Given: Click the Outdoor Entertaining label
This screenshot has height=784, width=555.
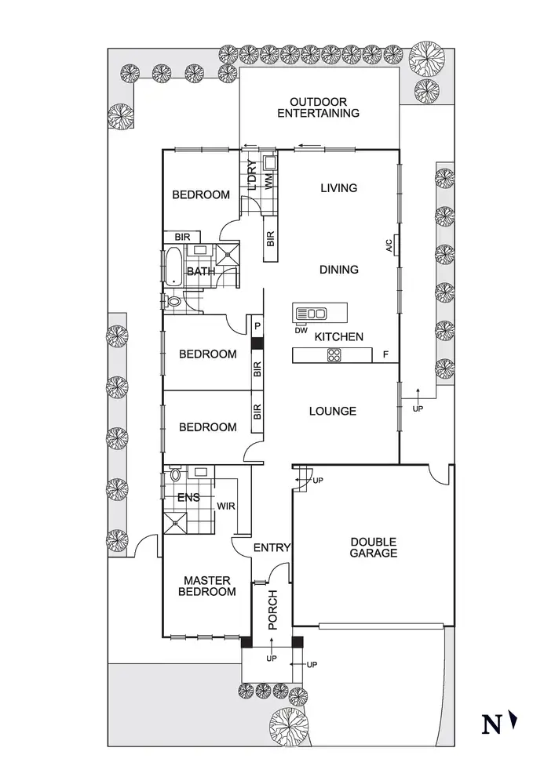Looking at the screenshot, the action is [324, 107].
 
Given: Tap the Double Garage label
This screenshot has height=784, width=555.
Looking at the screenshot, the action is [373, 547].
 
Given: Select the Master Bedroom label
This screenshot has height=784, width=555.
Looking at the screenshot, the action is [207, 586].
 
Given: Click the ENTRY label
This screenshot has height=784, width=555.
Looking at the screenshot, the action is [272, 548].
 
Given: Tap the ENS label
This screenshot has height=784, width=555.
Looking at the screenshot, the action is [188, 497].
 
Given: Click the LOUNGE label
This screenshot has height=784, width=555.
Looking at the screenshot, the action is [333, 411].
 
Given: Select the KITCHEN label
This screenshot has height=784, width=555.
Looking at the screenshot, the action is [339, 336].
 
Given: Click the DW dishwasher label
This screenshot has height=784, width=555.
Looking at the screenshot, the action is [300, 329].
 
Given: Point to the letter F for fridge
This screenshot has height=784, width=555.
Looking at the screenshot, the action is [385, 355].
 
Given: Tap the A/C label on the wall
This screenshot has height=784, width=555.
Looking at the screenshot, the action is [389, 245].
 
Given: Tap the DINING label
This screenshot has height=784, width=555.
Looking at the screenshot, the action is [339, 270].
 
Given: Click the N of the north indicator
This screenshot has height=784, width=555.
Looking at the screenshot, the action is [491, 724].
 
